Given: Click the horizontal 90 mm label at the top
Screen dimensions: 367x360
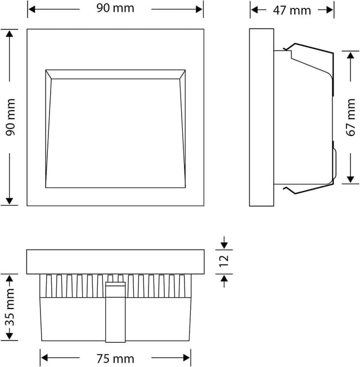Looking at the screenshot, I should (115, 9).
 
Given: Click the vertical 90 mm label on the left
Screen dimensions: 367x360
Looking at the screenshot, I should (10, 117).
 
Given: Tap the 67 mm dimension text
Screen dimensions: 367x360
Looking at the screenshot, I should (350, 117).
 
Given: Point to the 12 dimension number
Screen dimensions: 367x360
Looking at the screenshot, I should (224, 260).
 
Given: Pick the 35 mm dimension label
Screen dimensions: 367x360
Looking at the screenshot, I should (8, 307).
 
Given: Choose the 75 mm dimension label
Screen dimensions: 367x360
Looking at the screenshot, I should (115, 358).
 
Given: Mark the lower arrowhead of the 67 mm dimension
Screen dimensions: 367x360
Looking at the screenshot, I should (350, 179).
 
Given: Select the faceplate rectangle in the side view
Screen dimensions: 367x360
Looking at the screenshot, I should (262, 117).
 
